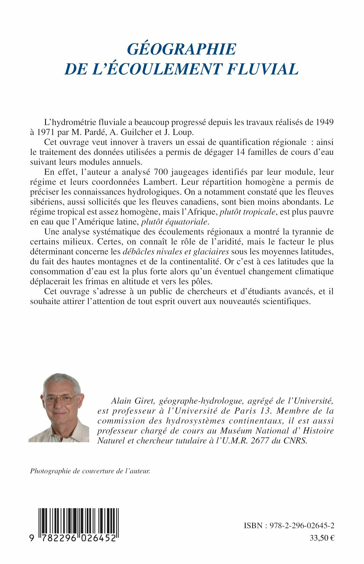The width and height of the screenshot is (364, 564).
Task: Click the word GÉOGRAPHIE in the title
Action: [181, 49]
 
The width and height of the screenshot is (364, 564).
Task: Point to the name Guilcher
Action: [132, 132]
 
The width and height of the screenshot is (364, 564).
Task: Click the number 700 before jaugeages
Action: [159, 172]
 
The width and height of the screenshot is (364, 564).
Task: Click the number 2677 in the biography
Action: [260, 441]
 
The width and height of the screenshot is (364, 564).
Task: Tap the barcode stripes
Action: [79, 521]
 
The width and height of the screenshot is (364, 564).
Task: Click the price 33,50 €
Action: [322, 538]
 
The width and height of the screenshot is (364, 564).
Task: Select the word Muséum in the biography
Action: [236, 431]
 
